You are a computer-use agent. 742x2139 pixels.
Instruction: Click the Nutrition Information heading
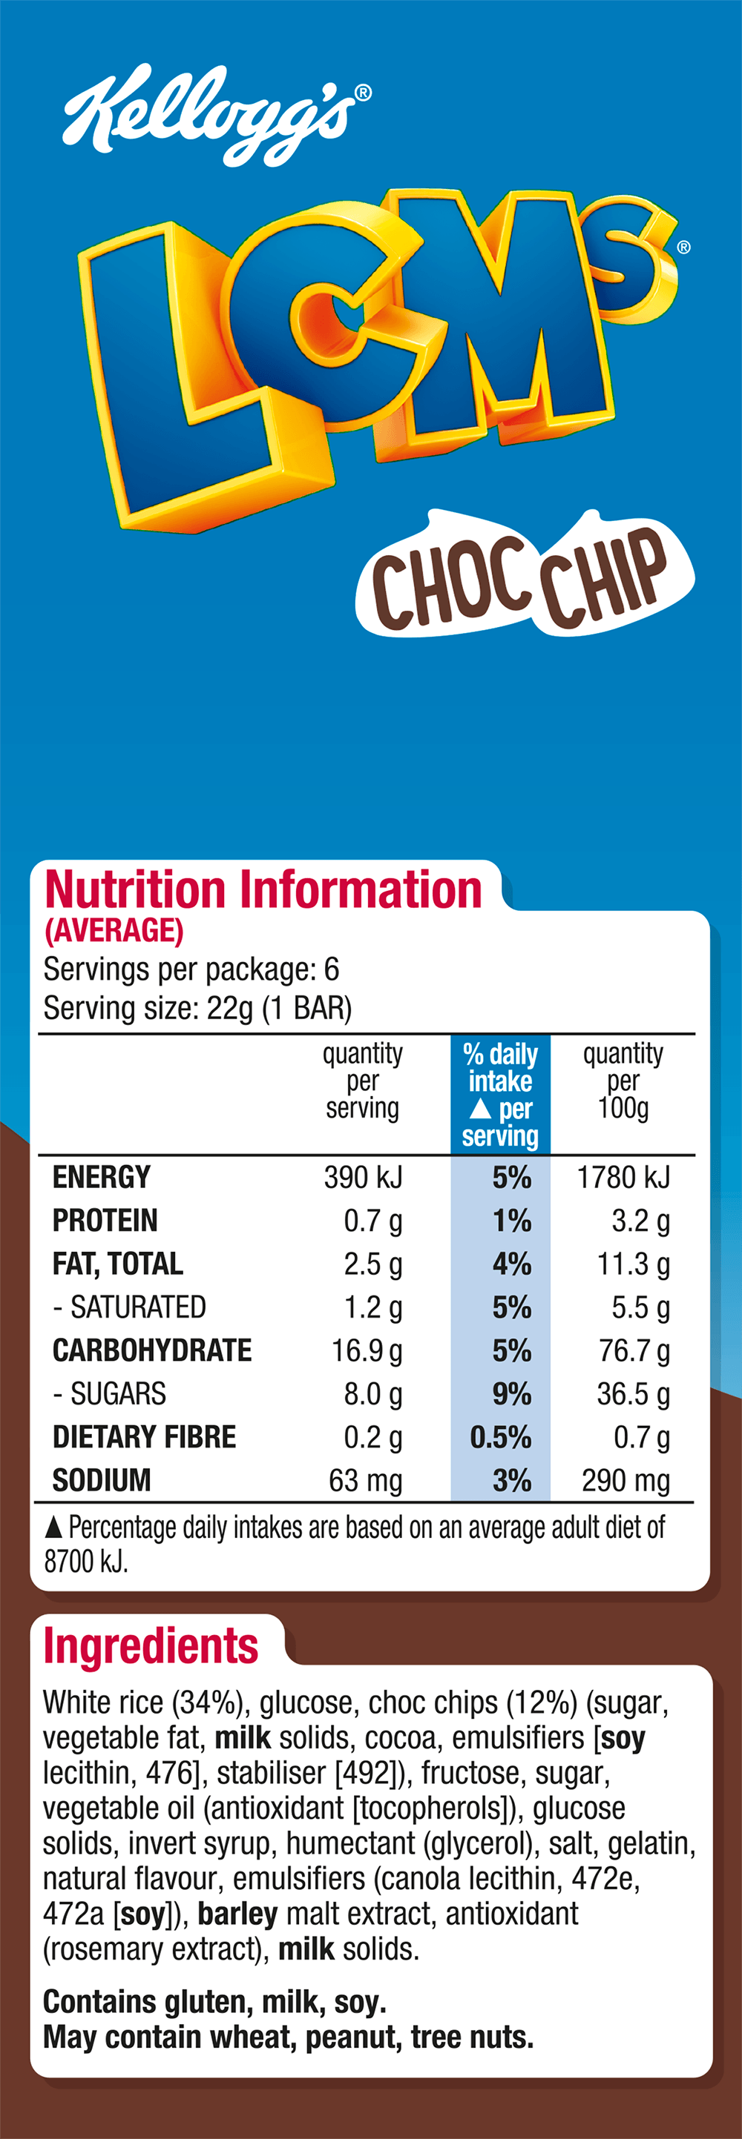[263, 890]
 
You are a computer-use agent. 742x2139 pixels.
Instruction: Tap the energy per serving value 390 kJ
[363, 1178]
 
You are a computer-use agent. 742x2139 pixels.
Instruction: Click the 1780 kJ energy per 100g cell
[623, 1178]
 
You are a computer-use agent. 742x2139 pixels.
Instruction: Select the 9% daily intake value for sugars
[511, 1394]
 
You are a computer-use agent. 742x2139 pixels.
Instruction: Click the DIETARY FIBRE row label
[144, 1437]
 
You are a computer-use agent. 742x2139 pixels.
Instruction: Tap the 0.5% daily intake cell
[500, 1437]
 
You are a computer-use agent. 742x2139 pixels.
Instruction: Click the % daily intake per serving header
[500, 1095]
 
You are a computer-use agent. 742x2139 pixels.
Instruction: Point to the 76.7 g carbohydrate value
[633, 1351]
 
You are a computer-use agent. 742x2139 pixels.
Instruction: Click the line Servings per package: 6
[191, 969]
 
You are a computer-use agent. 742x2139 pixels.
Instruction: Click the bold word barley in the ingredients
[237, 1913]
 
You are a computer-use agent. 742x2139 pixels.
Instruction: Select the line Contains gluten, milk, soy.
[214, 2002]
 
